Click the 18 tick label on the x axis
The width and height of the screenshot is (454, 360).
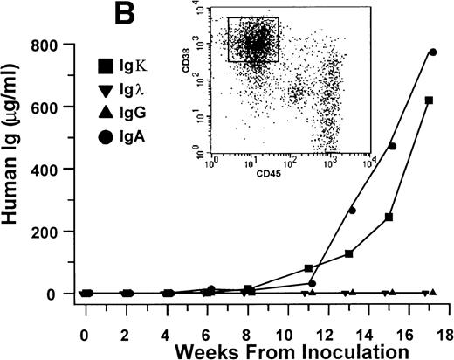click(x=444, y=333)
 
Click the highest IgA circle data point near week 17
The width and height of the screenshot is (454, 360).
click(x=433, y=52)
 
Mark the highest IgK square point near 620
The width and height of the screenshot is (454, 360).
click(x=429, y=100)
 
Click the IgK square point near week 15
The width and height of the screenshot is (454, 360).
click(x=389, y=217)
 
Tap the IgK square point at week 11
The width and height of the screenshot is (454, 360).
click(x=308, y=268)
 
